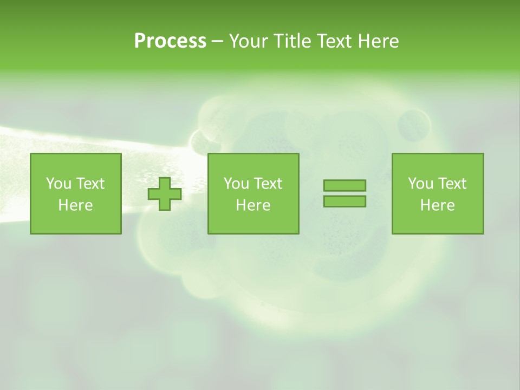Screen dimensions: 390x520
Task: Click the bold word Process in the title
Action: click(170, 41)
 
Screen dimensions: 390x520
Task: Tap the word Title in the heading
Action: click(292, 41)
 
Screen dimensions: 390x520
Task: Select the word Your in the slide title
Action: click(250, 41)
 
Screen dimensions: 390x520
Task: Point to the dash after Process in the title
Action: click(217, 42)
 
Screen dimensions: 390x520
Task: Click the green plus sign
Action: click(165, 194)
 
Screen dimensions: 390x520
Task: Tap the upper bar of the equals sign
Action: click(344, 186)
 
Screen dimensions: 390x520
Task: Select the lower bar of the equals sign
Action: click(344, 201)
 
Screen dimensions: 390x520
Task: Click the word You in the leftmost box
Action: click(58, 184)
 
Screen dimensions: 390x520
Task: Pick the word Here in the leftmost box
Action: click(75, 205)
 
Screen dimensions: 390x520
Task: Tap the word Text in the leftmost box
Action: click(89, 184)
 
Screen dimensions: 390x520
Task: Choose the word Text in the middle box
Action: click(267, 184)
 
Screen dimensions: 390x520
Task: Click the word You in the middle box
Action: click(236, 184)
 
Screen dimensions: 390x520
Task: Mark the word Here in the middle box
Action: click(253, 205)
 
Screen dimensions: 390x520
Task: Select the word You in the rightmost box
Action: click(420, 184)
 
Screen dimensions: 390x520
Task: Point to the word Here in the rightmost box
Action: click(437, 205)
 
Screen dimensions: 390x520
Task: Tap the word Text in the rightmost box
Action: click(451, 184)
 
